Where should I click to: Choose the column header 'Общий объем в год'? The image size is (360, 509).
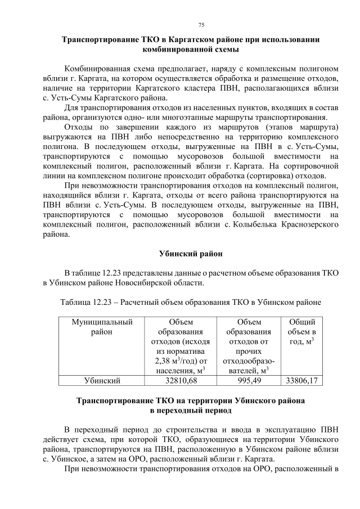coord(301,332)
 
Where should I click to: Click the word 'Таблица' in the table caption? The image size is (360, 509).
coord(75,302)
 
